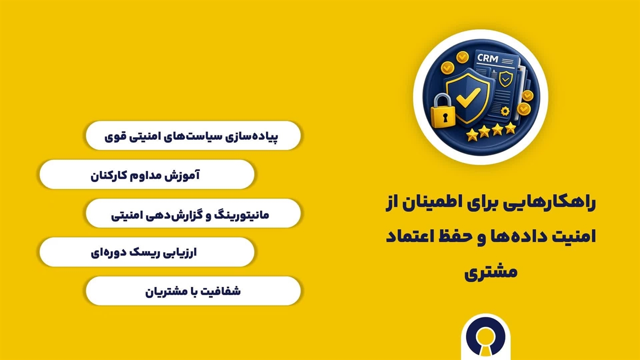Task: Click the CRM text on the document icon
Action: pos(487,58)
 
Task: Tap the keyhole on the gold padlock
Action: pos(445,117)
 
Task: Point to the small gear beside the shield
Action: pos(505,111)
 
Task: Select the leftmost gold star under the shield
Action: pos(472,134)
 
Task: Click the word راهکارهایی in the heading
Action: pos(559,203)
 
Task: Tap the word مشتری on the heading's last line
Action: pos(491,271)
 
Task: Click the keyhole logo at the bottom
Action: pos(485,337)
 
